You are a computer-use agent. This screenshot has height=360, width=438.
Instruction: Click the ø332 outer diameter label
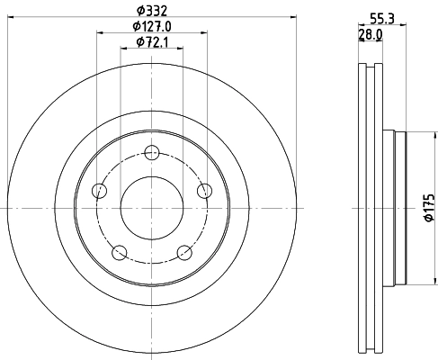152,10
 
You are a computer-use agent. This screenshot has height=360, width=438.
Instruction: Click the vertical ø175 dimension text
429,208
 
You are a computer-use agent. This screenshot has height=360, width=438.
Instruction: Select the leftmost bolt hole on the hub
99,190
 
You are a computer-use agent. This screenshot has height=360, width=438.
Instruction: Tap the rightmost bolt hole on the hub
205,189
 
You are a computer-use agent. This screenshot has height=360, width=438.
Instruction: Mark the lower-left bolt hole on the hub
120,252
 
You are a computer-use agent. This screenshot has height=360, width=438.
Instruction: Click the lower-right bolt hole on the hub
184,252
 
